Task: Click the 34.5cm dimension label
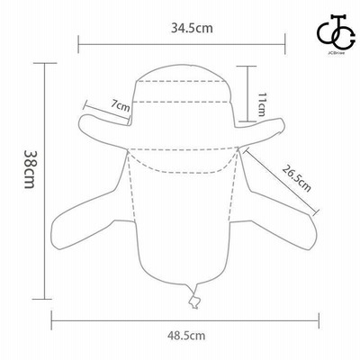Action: (x=192, y=28)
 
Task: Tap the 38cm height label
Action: (x=30, y=169)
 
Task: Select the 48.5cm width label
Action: (x=186, y=335)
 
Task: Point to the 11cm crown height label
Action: (x=262, y=104)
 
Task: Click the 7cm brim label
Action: (x=121, y=105)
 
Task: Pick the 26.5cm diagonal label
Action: (x=296, y=178)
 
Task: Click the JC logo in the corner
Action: (x=336, y=36)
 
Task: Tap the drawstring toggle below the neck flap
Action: (x=194, y=302)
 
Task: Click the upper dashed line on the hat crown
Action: (x=181, y=81)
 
